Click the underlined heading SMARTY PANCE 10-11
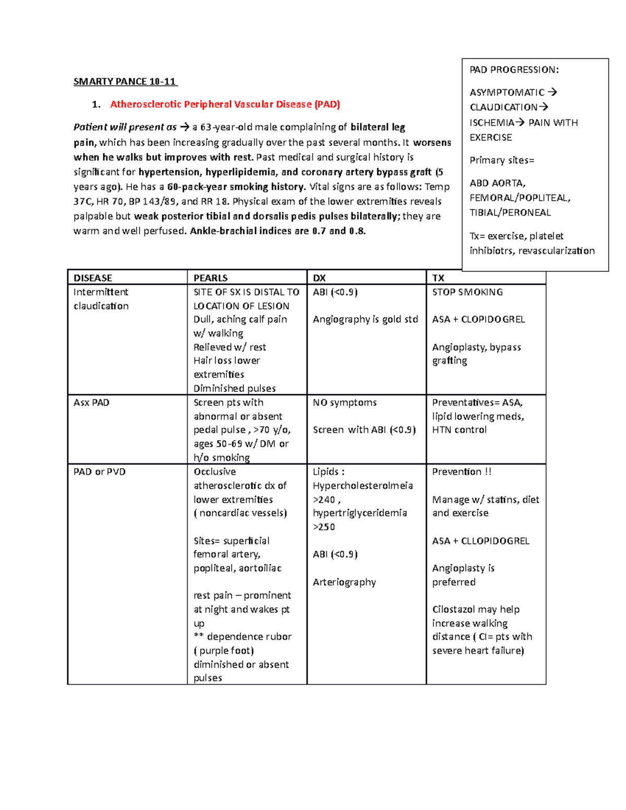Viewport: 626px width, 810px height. click(x=125, y=81)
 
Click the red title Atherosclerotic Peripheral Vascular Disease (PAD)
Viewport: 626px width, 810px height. click(x=225, y=104)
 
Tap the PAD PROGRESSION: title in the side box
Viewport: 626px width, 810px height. click(x=514, y=70)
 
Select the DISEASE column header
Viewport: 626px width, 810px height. click(x=93, y=278)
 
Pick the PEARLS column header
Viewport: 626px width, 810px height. click(x=210, y=278)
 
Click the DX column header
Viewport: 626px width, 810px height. click(x=319, y=278)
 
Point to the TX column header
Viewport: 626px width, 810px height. click(x=438, y=278)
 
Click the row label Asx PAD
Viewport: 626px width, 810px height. click(x=91, y=403)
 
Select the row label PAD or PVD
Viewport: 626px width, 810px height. click(x=99, y=472)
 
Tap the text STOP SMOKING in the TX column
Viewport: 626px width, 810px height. click(x=467, y=292)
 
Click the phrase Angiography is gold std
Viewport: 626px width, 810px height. click(x=365, y=319)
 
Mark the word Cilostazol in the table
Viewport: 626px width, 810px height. click(x=453, y=609)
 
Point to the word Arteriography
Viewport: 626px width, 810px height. click(x=344, y=582)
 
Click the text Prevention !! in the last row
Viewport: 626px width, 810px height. click(x=462, y=472)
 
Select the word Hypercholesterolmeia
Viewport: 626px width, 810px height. click(x=363, y=486)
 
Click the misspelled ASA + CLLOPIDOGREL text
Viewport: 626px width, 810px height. click(x=480, y=541)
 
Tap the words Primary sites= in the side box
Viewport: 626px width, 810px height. click(x=502, y=160)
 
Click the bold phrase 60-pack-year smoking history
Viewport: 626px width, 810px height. click(x=236, y=187)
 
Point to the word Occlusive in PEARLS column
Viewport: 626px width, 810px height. click(x=214, y=472)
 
